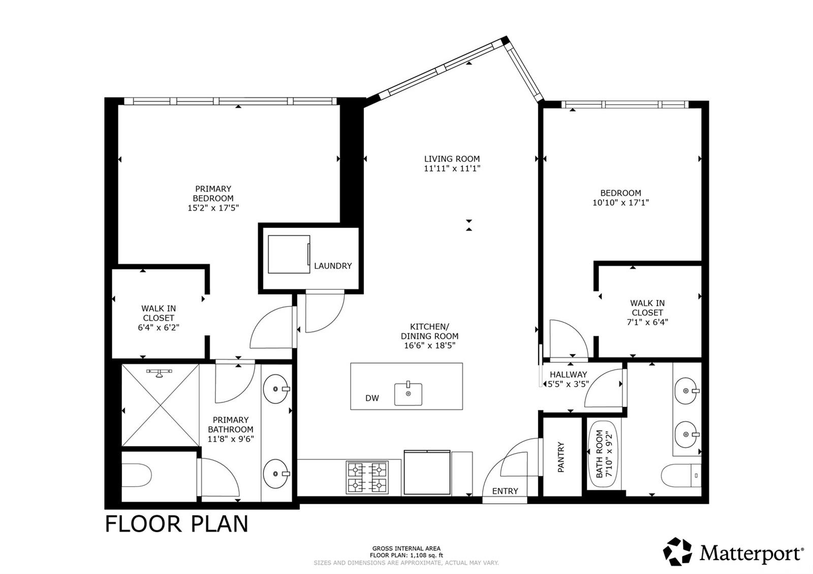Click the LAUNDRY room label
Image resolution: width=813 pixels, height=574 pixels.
[x=333, y=266]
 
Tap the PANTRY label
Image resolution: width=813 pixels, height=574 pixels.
[x=561, y=457]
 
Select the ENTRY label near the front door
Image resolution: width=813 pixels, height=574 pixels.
[x=505, y=491]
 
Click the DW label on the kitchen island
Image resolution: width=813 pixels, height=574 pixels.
[x=372, y=398]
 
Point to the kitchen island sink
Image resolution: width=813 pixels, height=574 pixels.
[x=409, y=394]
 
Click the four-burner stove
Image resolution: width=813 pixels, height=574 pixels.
[x=367, y=477]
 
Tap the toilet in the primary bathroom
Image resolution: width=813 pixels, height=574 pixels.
[x=136, y=475]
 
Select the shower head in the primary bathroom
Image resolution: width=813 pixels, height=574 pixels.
[x=159, y=373]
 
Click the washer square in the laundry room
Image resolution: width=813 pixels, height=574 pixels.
[x=289, y=254]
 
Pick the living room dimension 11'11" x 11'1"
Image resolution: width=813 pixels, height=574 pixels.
[x=452, y=168]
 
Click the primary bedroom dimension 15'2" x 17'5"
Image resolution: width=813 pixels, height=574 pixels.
[x=213, y=208]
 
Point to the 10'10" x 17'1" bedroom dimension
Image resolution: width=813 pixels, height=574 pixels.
[x=620, y=203]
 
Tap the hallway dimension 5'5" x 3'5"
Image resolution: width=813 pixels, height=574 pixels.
[x=568, y=384]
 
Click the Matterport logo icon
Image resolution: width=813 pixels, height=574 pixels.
[x=677, y=551]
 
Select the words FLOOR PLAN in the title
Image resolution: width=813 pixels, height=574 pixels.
[x=177, y=524]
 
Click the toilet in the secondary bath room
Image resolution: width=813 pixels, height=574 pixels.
[x=681, y=475]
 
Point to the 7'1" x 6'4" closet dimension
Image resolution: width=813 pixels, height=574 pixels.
[x=647, y=322]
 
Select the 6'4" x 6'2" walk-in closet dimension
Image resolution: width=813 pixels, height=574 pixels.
[x=159, y=328]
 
